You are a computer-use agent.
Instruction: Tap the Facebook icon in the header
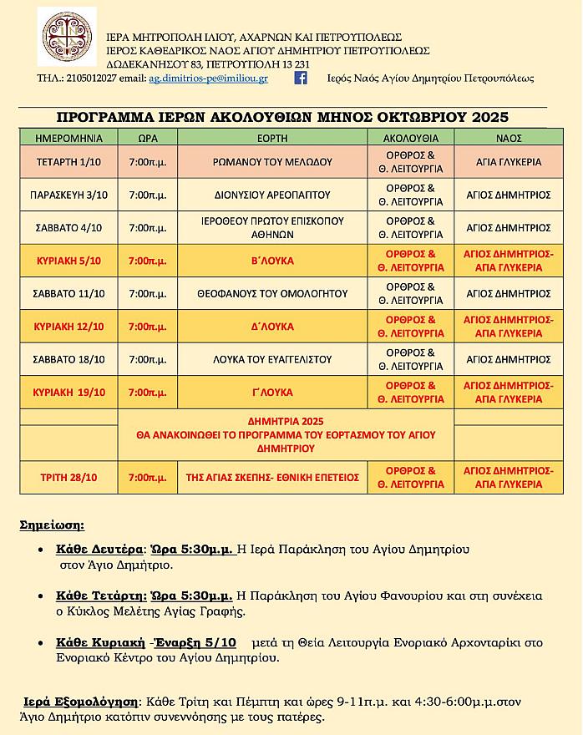coord(301,78)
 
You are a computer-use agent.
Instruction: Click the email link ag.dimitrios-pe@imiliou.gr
coord(208,79)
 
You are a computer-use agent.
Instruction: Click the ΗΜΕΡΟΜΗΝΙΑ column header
coord(68,138)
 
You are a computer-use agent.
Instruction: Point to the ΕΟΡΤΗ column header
coord(272,138)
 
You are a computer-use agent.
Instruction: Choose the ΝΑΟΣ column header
coord(508,138)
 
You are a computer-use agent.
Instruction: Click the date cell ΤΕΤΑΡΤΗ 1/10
coord(68,162)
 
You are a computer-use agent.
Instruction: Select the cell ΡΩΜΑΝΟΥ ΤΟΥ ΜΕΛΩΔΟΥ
coord(272,162)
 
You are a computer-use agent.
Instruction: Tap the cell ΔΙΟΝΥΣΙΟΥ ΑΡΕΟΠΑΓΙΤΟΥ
coord(272,195)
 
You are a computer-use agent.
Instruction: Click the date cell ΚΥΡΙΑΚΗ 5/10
coord(68,261)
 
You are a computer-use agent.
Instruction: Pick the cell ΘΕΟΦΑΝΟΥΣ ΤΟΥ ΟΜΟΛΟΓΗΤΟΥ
coord(272,293)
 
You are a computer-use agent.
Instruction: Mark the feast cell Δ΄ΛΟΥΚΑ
coord(272,327)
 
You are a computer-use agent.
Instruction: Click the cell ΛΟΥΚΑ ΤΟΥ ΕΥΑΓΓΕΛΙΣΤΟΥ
coord(272,359)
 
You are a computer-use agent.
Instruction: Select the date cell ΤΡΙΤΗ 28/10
coord(68,478)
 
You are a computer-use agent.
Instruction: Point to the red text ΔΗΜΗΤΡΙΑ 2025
coord(286,421)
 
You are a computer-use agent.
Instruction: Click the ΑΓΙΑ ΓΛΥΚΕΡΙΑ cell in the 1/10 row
coord(508,162)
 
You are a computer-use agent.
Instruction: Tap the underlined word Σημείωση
coord(52,525)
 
